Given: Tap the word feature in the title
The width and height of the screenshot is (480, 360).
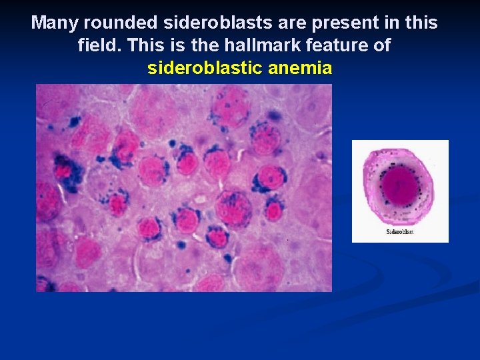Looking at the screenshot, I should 340,46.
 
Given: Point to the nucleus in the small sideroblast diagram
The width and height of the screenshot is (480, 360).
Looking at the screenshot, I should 398,182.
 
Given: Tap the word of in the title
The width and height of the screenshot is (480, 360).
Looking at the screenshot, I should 383,46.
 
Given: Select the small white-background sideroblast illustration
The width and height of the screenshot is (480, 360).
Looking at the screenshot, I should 400,191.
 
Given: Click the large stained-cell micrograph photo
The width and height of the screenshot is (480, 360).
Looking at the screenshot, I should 183,187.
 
